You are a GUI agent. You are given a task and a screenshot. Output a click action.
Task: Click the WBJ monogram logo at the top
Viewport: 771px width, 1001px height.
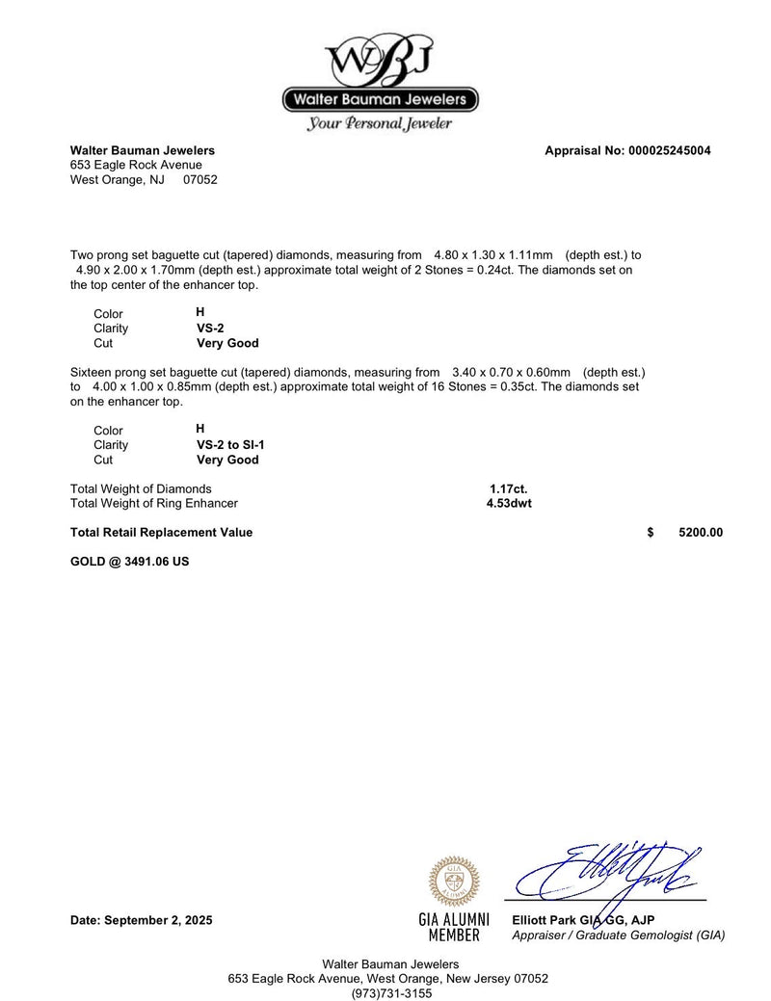(x=380, y=60)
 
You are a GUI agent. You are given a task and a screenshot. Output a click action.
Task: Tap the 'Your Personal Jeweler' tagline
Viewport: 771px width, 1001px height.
(x=380, y=123)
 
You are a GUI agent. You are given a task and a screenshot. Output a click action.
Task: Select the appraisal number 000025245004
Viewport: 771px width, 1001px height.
(x=669, y=150)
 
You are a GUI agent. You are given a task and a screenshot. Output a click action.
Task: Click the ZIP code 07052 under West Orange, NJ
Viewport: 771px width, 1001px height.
(x=200, y=179)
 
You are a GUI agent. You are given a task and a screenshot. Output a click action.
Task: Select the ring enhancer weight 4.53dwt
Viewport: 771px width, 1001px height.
(x=509, y=503)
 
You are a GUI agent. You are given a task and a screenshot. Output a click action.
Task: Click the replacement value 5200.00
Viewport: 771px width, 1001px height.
(x=701, y=533)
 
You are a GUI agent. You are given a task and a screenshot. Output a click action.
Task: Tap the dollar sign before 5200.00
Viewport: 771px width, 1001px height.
(x=651, y=533)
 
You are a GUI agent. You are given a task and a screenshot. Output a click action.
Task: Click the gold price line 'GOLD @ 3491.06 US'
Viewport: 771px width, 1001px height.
(x=129, y=561)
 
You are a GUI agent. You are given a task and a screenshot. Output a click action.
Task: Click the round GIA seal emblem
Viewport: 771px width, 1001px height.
(x=454, y=880)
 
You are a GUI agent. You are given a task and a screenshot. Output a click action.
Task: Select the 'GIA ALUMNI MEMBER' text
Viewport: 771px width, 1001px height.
(x=454, y=927)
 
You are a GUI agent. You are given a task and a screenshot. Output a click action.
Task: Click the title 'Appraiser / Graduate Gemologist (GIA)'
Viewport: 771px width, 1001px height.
(x=619, y=935)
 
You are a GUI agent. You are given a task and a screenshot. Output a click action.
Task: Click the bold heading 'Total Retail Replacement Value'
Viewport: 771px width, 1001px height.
(x=161, y=533)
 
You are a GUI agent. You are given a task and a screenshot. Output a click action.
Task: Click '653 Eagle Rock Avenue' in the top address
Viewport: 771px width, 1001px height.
(x=136, y=165)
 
